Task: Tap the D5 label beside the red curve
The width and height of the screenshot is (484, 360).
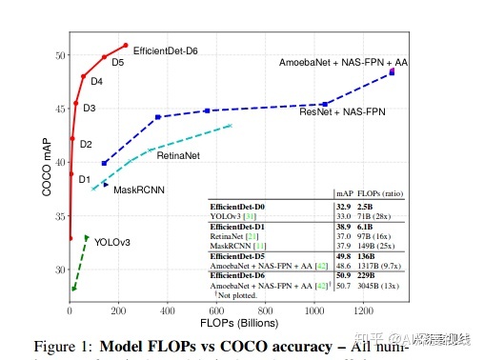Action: (x=118, y=63)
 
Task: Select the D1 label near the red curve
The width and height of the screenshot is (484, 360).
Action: (x=85, y=179)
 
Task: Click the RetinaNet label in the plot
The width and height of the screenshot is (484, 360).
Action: (x=178, y=154)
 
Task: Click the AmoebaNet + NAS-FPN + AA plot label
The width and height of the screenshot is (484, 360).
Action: (x=343, y=62)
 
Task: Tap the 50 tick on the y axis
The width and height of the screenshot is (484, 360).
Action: (x=58, y=55)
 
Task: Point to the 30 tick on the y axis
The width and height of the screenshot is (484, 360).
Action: (x=58, y=270)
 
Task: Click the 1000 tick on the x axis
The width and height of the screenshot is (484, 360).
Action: (x=314, y=310)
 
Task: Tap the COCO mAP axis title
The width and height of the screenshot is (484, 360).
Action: (x=46, y=167)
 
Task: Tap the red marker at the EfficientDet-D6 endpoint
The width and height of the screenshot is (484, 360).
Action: (x=125, y=45)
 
